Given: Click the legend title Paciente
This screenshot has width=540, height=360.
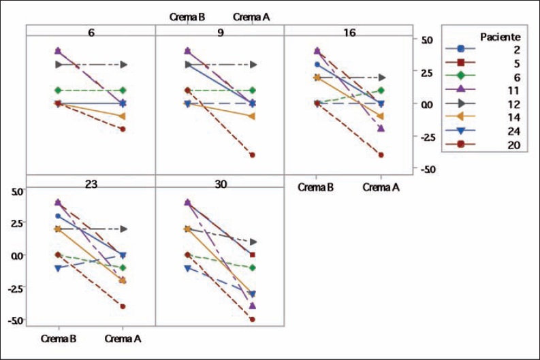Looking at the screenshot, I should point(500,35).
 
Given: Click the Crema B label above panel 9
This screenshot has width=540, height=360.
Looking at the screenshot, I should point(187,16).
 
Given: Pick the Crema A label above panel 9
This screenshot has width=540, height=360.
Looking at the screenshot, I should point(251,16).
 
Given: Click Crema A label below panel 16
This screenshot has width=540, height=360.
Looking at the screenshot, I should point(381,187).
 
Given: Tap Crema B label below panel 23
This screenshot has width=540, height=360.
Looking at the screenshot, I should point(59,338).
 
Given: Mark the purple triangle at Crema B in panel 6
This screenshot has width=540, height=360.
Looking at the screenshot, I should point(58,51).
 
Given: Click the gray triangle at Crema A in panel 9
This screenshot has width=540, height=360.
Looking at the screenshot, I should point(252,65).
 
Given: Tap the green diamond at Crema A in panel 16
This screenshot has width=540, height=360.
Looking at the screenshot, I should point(381,91).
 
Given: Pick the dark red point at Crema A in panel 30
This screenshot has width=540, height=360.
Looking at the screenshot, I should point(252,319).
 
